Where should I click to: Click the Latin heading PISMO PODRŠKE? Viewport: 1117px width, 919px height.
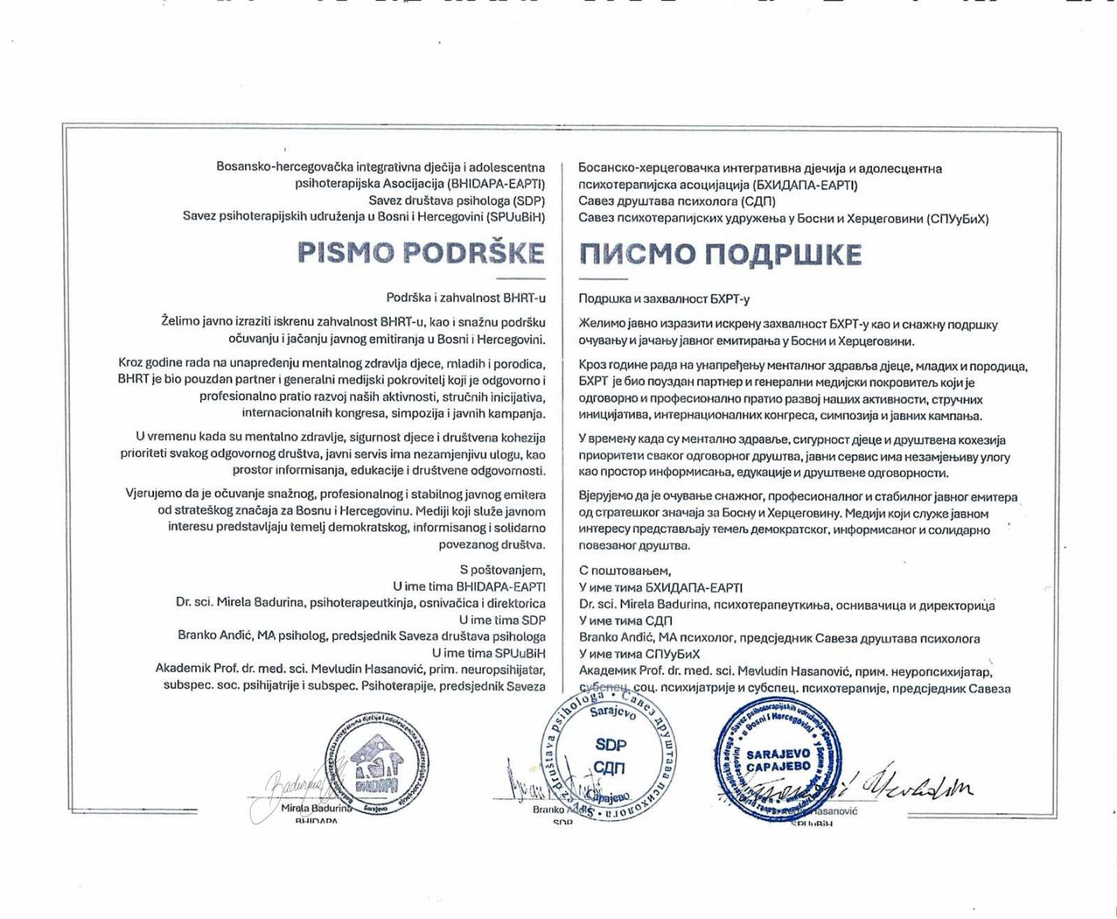tap(421, 254)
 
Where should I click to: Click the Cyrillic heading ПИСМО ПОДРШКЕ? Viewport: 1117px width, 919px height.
tap(720, 254)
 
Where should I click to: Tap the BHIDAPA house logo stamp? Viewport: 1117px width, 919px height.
tap(376, 763)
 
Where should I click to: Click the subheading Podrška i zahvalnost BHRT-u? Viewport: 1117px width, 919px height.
tap(465, 297)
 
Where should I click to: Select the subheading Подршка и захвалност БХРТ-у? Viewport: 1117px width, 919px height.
tap(664, 299)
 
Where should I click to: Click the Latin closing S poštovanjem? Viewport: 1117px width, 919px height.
tap(502, 570)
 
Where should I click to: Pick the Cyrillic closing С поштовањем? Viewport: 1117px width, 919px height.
tap(625, 571)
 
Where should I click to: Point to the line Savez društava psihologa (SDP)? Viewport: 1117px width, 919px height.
tap(457, 200)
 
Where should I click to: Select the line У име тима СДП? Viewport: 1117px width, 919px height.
tap(625, 621)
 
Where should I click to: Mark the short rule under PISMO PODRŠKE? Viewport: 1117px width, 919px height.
tap(520, 279)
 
